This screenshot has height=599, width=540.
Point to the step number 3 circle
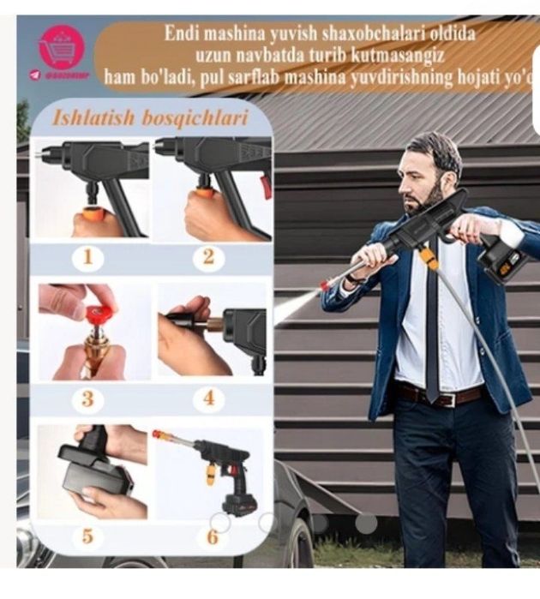[87, 398]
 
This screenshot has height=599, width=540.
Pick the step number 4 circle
[208, 398]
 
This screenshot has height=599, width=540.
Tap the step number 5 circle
[87, 536]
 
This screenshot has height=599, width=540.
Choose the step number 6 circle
[212, 536]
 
